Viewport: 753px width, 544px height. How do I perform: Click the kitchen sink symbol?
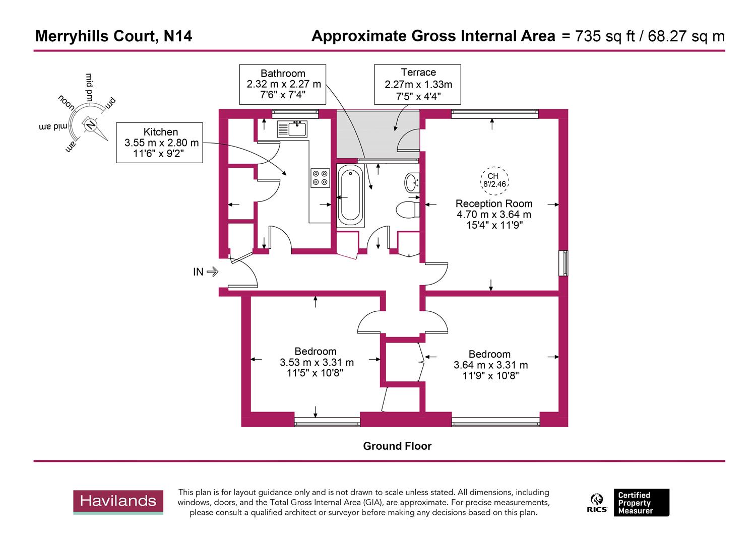tap(292, 129)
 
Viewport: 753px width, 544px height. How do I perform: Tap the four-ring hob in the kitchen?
tap(320, 177)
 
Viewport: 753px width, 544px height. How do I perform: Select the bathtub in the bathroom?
tap(350, 196)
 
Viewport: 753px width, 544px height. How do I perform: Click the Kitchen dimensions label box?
tap(159, 143)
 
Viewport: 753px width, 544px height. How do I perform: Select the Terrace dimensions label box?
tap(418, 84)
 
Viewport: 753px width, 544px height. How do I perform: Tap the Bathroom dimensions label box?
tap(283, 84)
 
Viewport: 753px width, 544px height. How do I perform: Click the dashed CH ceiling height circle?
tap(493, 180)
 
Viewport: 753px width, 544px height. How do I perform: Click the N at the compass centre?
tap(91, 124)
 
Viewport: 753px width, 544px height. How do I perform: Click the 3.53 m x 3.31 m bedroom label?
tap(316, 362)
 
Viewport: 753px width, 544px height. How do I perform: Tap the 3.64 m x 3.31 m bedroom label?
tap(490, 365)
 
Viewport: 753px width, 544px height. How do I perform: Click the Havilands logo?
tap(118, 501)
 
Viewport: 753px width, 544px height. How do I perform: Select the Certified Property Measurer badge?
tap(641, 503)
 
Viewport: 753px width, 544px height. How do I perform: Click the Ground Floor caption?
tap(397, 446)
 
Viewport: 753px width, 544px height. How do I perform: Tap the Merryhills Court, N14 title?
tap(113, 36)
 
